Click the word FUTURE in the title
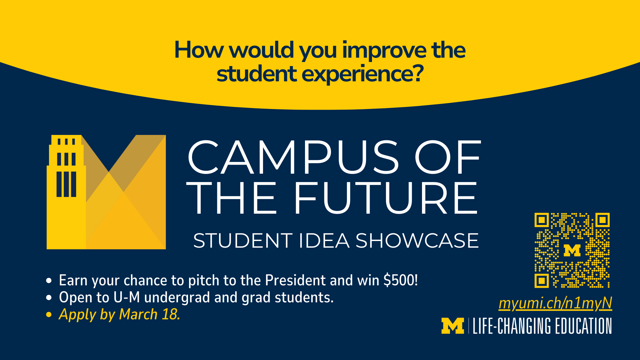[386, 198]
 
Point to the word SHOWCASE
[417, 241]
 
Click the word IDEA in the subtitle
[324, 241]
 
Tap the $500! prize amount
[401, 280]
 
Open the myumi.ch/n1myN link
[555, 303]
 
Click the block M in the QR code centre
[572, 250]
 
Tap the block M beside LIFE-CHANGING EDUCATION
[453, 326]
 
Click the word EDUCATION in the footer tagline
[583, 326]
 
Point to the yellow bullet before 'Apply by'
[49, 314]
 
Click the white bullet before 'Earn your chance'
[49, 280]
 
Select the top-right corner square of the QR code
[602, 220]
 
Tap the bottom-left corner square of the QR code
[542, 281]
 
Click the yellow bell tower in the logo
[66, 192]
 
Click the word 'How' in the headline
[199, 51]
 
